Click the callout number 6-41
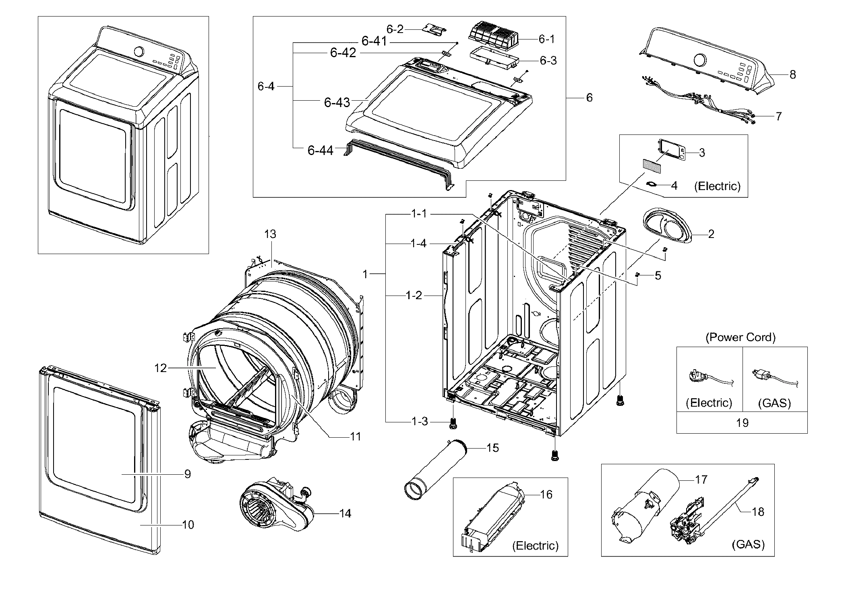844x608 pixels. [374, 41]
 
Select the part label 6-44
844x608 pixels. [320, 151]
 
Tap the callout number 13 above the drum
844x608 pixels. [270, 234]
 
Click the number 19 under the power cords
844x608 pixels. [742, 422]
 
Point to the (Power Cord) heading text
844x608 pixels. [741, 337]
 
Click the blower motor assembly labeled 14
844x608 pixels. [274, 507]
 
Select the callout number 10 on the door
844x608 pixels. [188, 525]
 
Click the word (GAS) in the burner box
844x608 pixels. [748, 544]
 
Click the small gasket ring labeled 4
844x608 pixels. [651, 184]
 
